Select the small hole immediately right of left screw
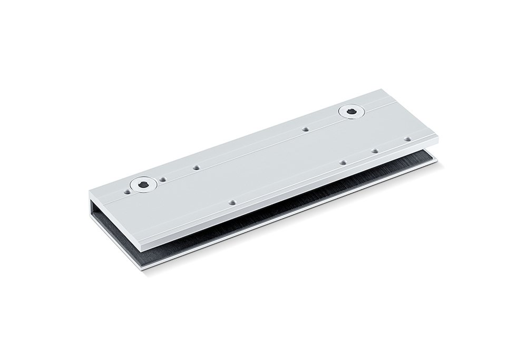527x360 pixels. pyautogui.click(x=163, y=179)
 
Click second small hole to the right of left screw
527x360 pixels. pyautogui.click(x=196, y=168)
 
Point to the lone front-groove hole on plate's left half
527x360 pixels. pyautogui.click(x=232, y=201)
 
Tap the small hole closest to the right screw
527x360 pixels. pyautogui.click(x=305, y=129)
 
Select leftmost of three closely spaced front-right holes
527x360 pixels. pyautogui.click(x=343, y=162)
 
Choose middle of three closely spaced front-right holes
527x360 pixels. pyautogui.click(x=374, y=151)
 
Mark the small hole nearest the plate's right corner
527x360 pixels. pyautogui.click(x=407, y=139)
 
